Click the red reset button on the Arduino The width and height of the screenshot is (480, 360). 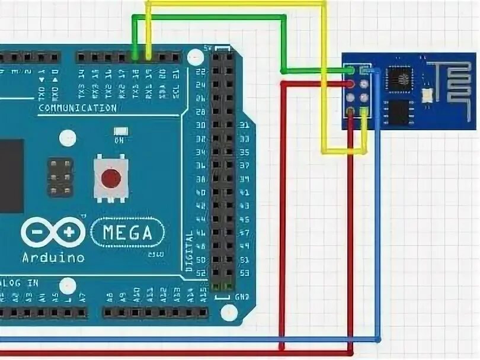click(x=110, y=178)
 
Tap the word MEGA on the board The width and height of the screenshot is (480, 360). click(x=127, y=232)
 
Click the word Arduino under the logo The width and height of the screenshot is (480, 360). click(x=53, y=258)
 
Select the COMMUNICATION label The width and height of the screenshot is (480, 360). click(x=77, y=108)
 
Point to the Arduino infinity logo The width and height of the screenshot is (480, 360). click(x=53, y=232)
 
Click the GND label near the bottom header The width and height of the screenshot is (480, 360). click(x=242, y=296)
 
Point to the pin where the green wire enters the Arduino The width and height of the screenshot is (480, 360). click(x=136, y=57)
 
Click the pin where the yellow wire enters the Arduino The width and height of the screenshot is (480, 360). click(x=148, y=57)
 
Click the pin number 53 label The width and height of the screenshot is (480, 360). click(x=242, y=272)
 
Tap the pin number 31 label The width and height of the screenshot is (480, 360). click(x=242, y=126)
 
